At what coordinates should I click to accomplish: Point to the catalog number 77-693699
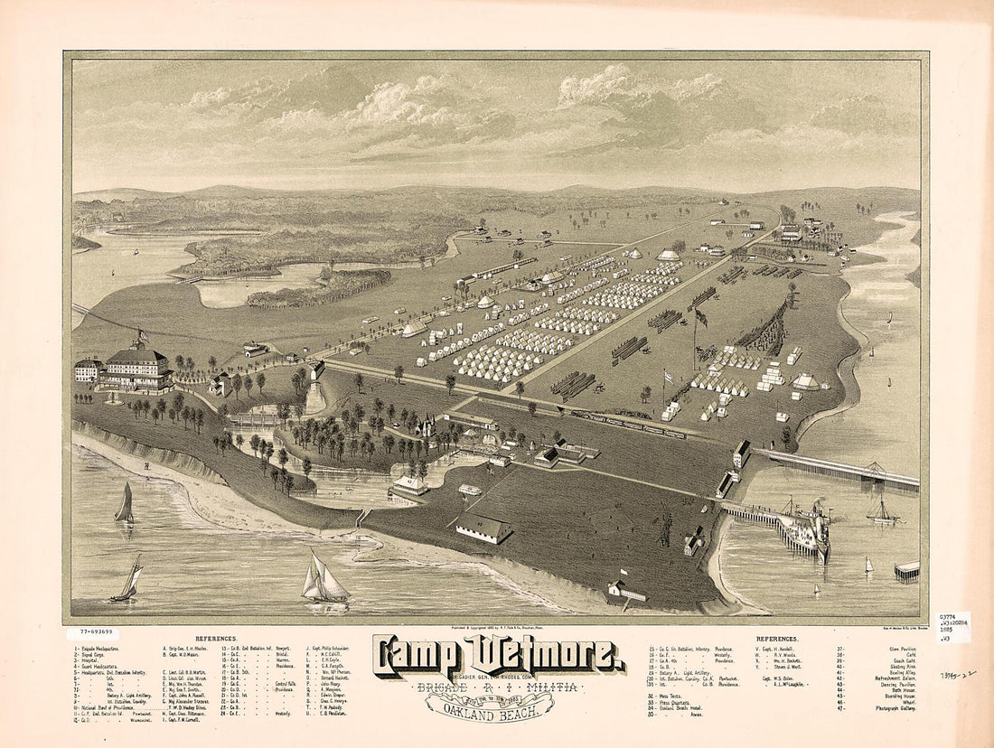(x=96, y=633)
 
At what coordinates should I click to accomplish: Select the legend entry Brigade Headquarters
(x=104, y=649)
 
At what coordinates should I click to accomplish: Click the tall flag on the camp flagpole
(x=701, y=317)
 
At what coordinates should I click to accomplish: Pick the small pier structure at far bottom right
(x=906, y=570)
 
